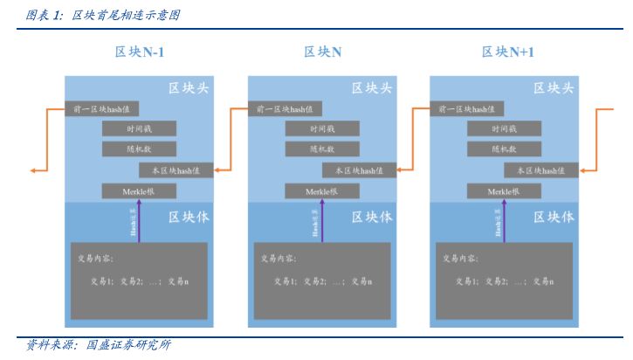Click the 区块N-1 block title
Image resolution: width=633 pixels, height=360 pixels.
140,52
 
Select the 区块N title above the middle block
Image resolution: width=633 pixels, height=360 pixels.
322,52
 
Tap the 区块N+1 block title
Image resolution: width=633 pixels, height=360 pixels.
507,52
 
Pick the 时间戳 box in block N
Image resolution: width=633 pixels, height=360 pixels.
321,129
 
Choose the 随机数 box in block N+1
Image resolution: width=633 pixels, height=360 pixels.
504,149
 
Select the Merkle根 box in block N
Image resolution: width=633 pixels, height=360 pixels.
321,190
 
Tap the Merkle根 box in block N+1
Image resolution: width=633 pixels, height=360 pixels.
504,190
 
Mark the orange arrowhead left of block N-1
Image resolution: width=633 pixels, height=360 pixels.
32,170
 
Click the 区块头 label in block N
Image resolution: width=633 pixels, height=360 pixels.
371,88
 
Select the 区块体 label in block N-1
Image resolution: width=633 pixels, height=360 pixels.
188,217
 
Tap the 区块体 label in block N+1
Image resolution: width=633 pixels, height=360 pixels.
554,217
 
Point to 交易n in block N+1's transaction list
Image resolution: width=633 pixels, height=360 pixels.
543,281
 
